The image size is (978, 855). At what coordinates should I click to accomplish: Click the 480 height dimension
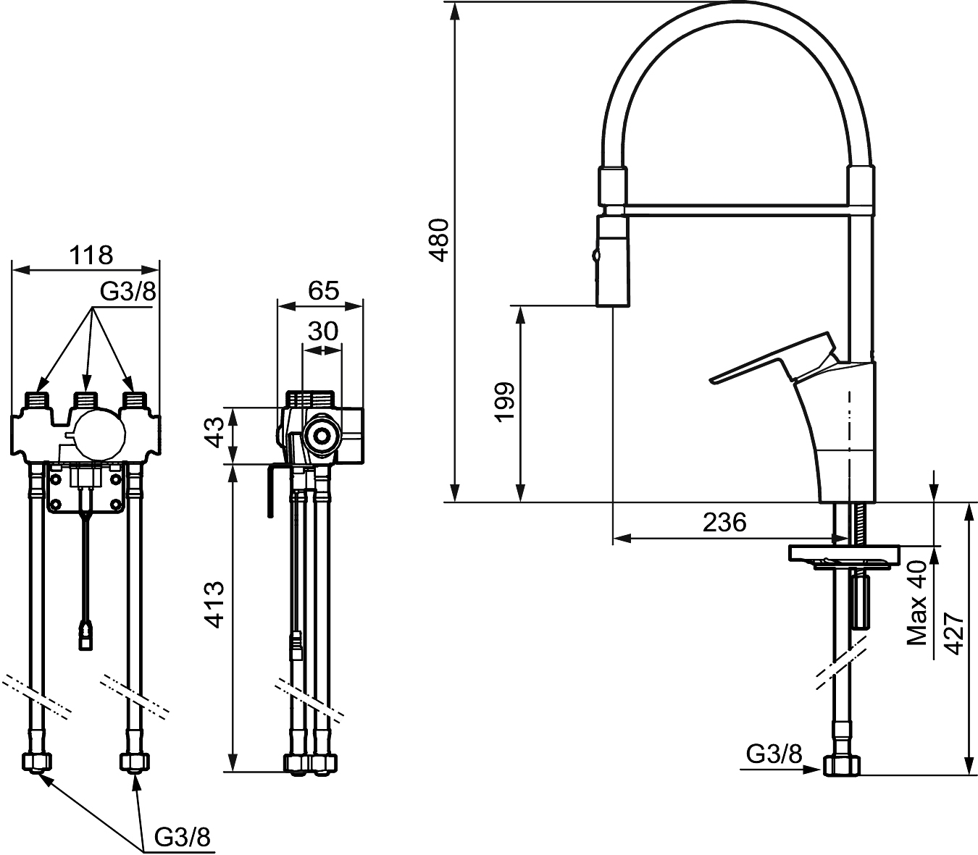tap(440, 239)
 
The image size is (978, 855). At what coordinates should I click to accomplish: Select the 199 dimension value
tap(504, 401)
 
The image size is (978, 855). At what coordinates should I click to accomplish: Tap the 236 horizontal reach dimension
tap(724, 522)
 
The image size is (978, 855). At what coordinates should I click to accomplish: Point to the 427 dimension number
tap(953, 634)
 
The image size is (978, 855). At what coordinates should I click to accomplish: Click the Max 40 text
tap(918, 603)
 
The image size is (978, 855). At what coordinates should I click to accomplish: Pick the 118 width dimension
tap(91, 255)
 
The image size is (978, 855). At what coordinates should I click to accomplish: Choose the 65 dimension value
tap(323, 290)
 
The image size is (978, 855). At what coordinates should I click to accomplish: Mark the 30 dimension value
tap(323, 331)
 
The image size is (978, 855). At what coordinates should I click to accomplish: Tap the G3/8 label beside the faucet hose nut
tap(774, 754)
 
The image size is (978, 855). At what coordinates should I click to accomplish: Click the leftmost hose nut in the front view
tap(38, 762)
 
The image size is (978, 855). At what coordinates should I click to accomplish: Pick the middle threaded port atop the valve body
tap(86, 400)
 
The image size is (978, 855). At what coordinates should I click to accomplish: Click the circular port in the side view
tap(319, 435)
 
